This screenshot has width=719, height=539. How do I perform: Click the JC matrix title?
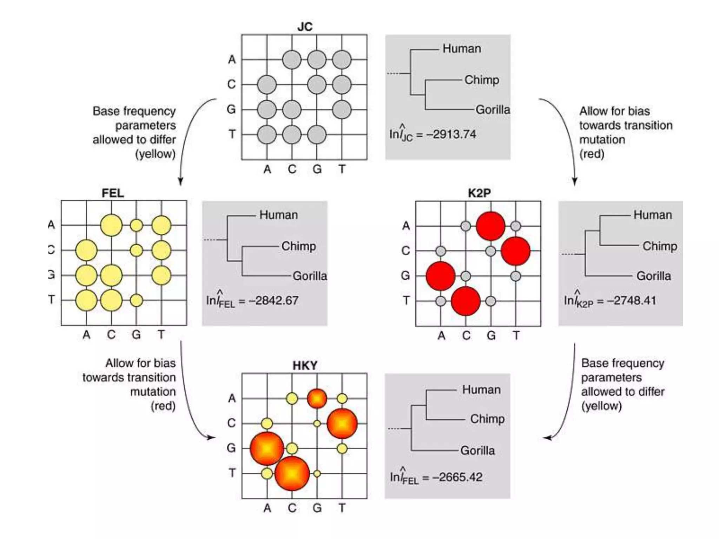(305, 27)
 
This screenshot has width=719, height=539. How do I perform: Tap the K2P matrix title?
(479, 193)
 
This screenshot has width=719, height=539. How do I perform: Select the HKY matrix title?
(305, 365)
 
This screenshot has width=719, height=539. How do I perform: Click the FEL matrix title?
(113, 193)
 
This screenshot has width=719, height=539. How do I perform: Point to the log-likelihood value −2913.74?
(451, 134)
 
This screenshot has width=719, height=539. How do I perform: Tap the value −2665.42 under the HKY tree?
(458, 477)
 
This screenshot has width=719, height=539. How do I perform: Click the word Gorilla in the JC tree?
(493, 109)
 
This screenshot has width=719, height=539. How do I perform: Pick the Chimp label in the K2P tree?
(660, 246)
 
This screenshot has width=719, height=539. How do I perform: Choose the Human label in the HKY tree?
(481, 390)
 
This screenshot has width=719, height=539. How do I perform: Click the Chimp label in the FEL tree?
(298, 246)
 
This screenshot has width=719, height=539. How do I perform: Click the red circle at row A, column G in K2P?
(490, 226)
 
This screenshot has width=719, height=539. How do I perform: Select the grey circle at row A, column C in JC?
(292, 59)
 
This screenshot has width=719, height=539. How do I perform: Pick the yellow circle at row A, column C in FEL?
(111, 225)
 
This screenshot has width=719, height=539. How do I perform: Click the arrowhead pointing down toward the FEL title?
(180, 181)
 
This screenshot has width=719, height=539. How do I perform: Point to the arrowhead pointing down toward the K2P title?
(575, 181)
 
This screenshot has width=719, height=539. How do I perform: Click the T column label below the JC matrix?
(342, 169)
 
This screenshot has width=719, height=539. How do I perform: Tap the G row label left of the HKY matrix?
(231, 448)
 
